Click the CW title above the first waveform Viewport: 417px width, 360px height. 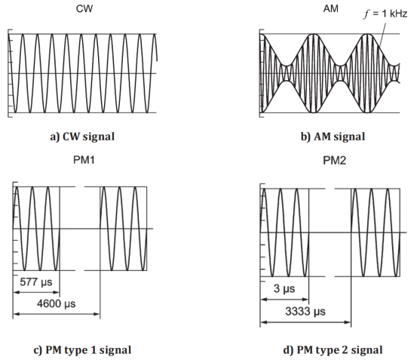(x=84, y=9)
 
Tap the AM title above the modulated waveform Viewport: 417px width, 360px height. (x=330, y=9)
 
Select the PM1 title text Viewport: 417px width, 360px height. (x=84, y=160)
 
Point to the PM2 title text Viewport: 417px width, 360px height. (x=334, y=161)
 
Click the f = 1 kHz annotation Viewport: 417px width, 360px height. (x=385, y=14)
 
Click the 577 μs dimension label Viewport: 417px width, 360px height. (x=36, y=282)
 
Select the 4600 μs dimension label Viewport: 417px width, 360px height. (x=56, y=303)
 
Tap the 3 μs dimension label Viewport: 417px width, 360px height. (x=284, y=289)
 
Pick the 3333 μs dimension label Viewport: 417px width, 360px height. (x=305, y=311)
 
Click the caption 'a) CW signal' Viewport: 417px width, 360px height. (x=82, y=137)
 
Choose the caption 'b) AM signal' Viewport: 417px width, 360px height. (x=333, y=137)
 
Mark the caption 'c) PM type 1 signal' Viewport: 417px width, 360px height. (x=82, y=350)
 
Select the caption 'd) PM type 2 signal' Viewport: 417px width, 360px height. (x=333, y=350)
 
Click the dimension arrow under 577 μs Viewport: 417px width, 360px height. (x=36, y=292)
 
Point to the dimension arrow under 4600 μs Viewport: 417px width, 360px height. (x=57, y=314)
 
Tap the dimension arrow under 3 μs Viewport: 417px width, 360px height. (x=284, y=300)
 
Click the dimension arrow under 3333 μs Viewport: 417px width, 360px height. (x=305, y=322)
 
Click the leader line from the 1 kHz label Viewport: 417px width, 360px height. (x=382, y=35)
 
